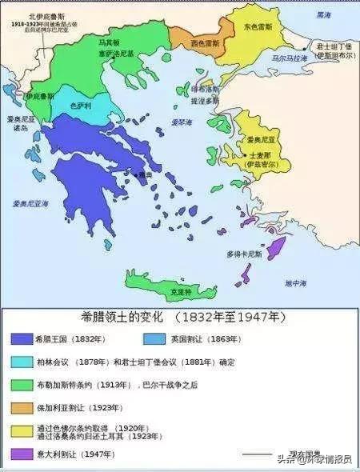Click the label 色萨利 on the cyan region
coord(81,105)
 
